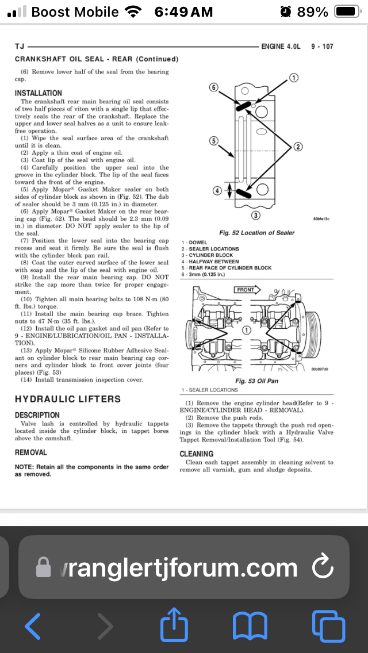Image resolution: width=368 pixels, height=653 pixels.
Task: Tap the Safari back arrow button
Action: [33, 625]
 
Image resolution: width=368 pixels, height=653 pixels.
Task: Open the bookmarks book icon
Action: [250, 625]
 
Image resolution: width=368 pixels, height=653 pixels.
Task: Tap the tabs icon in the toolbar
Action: [328, 625]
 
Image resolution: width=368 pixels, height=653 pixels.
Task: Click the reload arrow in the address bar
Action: [323, 567]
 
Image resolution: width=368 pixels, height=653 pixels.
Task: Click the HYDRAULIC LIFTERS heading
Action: [68, 399]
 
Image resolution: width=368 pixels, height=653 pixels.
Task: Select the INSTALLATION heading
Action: [39, 93]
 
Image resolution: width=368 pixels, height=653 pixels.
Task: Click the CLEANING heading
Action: [197, 454]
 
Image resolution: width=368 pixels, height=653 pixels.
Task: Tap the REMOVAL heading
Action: [31, 453]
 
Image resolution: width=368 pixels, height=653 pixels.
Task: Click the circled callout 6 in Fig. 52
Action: [214, 87]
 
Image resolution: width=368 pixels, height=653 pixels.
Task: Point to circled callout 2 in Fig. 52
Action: [298, 147]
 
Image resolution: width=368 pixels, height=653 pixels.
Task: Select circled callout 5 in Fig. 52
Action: [213, 141]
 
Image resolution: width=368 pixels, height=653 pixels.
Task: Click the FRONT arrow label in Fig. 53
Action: [246, 290]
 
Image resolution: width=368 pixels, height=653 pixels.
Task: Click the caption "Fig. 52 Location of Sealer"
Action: [257, 233]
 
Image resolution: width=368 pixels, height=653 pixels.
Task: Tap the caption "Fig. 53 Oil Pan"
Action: [257, 381]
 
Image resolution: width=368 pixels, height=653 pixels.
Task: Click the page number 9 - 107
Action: [323, 46]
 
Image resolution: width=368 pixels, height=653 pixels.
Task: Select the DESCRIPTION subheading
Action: [37, 415]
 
